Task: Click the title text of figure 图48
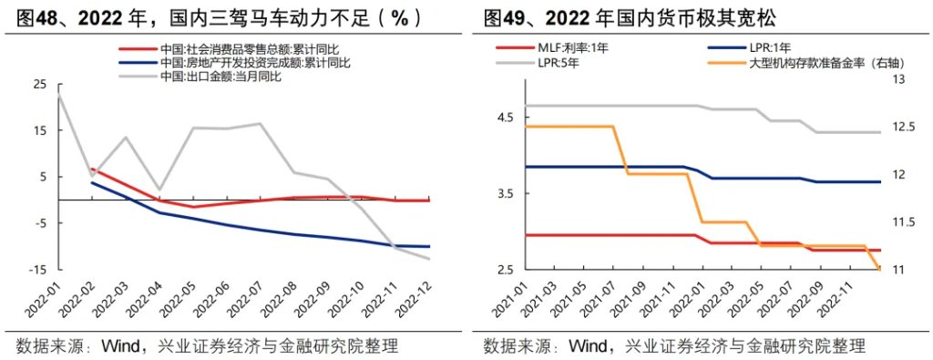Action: pos(219,18)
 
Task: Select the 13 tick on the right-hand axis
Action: pos(898,80)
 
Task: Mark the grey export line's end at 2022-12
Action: pos(429,259)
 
